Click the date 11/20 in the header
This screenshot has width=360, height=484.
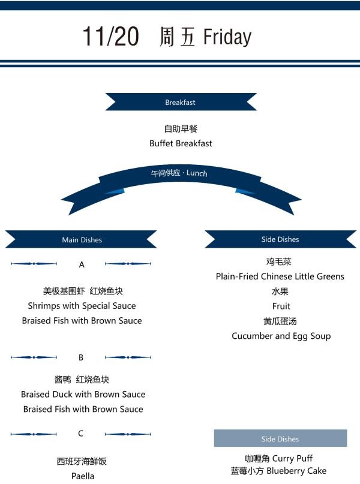110,37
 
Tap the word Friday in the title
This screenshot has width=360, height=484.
227,37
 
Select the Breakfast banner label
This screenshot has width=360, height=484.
181,103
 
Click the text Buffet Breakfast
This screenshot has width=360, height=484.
181,143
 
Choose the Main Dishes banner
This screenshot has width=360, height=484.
82,240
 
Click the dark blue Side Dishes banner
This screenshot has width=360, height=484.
280,239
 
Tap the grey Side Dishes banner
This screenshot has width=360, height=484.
280,439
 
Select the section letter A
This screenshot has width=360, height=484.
82,264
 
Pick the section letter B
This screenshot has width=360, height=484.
81,357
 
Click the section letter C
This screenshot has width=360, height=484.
81,434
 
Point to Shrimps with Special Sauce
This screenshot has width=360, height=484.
82,306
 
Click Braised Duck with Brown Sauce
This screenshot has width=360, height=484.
83,395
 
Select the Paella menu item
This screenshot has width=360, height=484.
83,476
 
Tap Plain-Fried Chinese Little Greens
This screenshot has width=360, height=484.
280,276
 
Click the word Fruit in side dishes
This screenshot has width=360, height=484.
281,306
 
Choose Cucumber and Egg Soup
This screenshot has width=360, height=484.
281,336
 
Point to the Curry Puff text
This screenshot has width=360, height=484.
293,458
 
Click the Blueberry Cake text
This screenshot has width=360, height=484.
296,471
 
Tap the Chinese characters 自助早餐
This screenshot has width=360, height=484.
181,129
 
